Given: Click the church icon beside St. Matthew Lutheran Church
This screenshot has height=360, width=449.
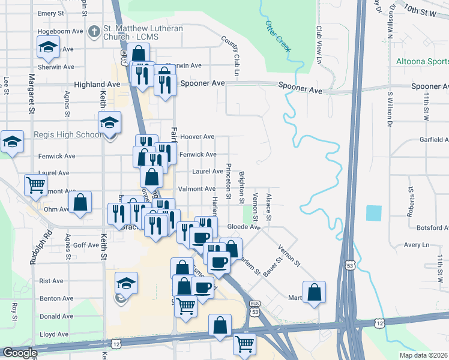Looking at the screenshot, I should pyautogui.click(x=94, y=31).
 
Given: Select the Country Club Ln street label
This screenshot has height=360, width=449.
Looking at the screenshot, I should pyautogui.click(x=231, y=56).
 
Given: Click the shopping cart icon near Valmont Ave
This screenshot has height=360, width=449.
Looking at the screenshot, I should pyautogui.click(x=36, y=185).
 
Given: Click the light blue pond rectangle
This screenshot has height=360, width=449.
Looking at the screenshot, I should pyautogui.click(x=373, y=213).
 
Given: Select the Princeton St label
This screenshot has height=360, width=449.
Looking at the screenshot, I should pyautogui.click(x=228, y=180).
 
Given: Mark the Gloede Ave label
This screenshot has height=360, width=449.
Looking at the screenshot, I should pyautogui.click(x=244, y=227).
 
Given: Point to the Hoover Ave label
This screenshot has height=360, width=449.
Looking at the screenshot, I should pyautogui.click(x=197, y=137).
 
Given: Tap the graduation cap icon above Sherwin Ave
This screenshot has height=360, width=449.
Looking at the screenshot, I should pyautogui.click(x=47, y=47).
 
